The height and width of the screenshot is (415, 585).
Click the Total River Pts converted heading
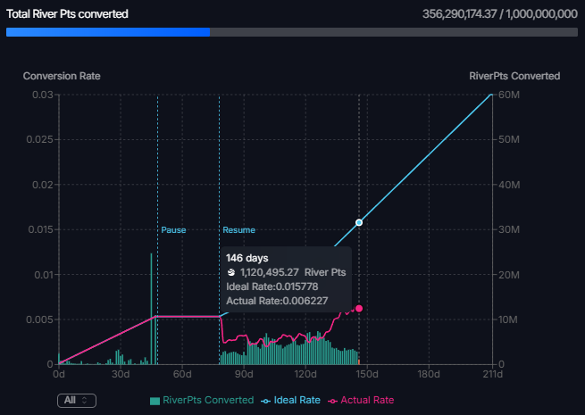[67, 14]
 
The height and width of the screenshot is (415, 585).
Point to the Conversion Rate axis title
[62, 76]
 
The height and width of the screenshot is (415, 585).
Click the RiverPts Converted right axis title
[514, 76]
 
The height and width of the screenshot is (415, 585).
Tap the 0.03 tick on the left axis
[42, 95]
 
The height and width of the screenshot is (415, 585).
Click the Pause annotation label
[173, 230]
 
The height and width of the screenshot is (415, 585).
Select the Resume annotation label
[238, 230]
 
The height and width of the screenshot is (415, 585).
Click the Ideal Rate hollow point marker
[359, 222]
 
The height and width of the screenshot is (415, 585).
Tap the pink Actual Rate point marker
[359, 308]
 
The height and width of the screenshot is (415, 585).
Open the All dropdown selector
[76, 401]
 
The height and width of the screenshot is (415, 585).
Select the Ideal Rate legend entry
[292, 401]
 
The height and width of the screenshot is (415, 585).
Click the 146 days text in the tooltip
[247, 258]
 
